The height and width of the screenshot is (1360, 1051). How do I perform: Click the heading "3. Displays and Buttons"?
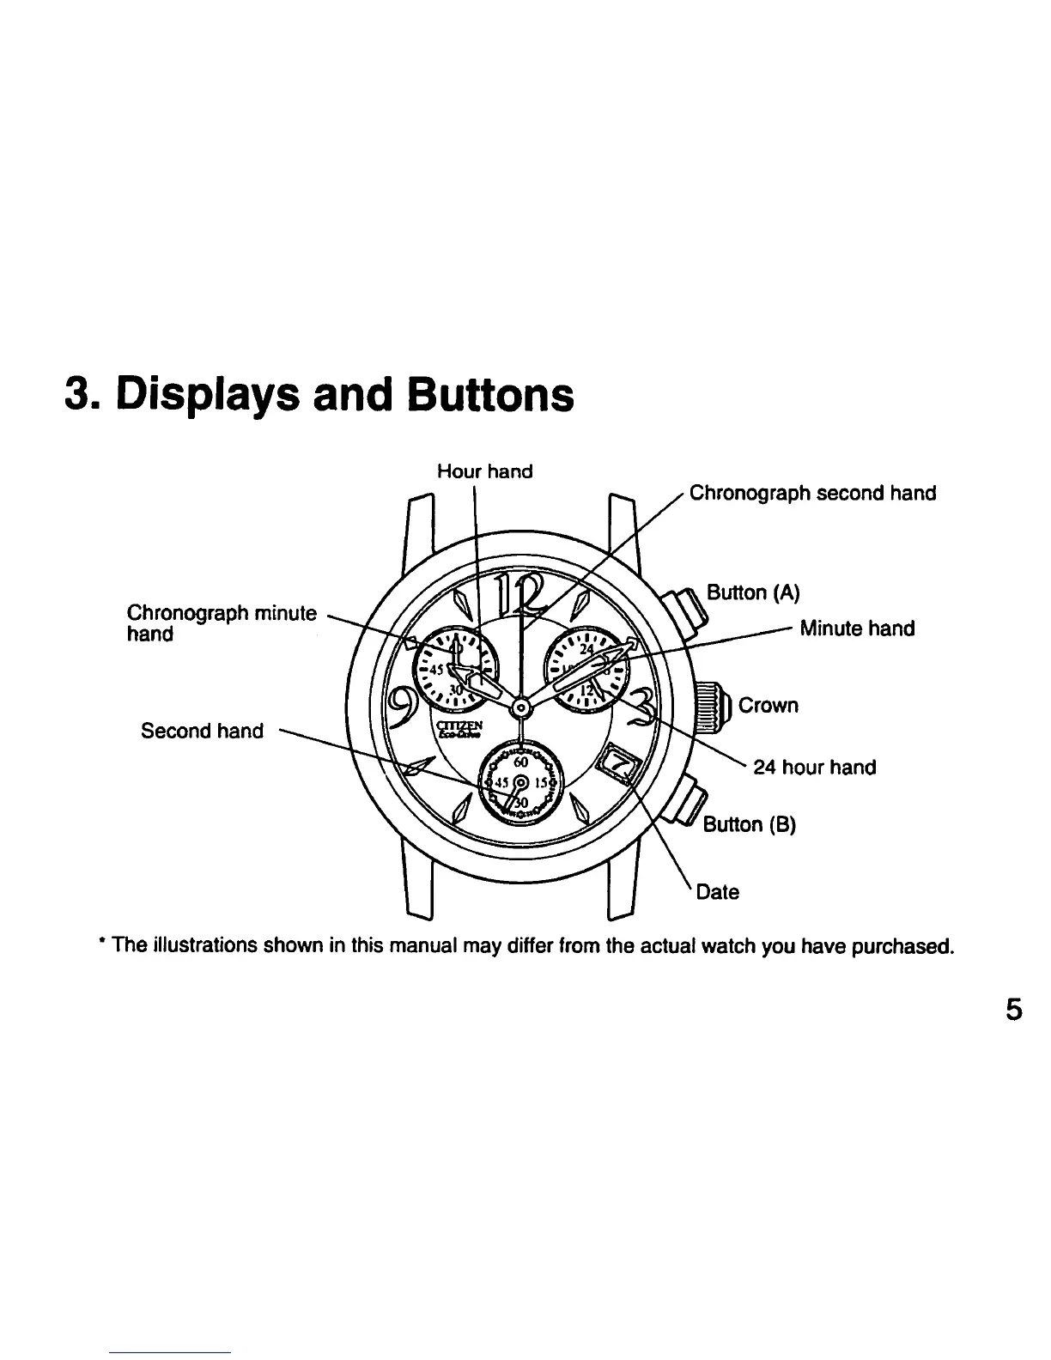319,395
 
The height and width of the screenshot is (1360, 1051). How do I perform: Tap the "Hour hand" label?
484,471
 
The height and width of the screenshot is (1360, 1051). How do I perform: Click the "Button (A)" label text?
752,592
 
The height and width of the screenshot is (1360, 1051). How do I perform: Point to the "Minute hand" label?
856,628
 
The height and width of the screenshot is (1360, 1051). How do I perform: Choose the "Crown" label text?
768,706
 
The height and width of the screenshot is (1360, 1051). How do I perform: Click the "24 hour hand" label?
814,768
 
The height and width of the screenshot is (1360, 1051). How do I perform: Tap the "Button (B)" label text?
750,825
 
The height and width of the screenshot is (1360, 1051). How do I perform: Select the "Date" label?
717,892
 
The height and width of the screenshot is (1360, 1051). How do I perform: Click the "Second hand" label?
202,731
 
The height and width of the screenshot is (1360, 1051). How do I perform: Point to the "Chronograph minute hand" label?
222,623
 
